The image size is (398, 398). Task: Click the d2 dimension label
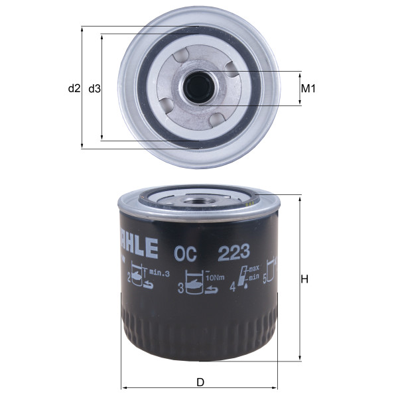74,88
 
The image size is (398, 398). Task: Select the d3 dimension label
94,88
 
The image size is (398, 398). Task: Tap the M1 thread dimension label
307,88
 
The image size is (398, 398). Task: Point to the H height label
305,279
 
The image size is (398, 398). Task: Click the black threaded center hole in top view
197,86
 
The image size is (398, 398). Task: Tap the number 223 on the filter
232,251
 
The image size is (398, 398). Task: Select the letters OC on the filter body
184,251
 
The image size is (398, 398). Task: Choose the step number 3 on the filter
180,288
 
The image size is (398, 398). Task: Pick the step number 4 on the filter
232,288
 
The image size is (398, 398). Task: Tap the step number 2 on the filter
129,279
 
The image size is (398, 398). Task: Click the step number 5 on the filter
265,281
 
